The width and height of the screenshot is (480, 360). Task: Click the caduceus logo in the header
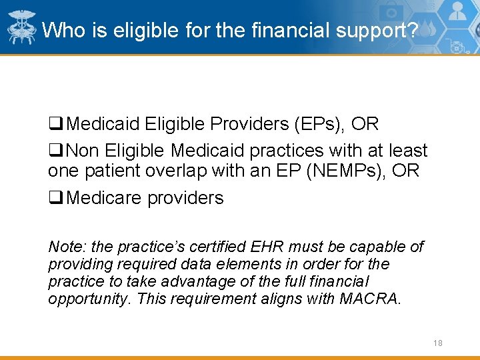[21, 27]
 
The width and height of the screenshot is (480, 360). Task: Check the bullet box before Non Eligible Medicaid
[55, 151]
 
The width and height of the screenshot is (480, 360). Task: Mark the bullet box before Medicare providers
[55, 199]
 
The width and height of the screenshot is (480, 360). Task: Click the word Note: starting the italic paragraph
[65, 247]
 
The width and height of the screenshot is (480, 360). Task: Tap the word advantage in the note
[175, 281]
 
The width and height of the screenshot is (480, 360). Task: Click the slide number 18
[437, 343]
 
